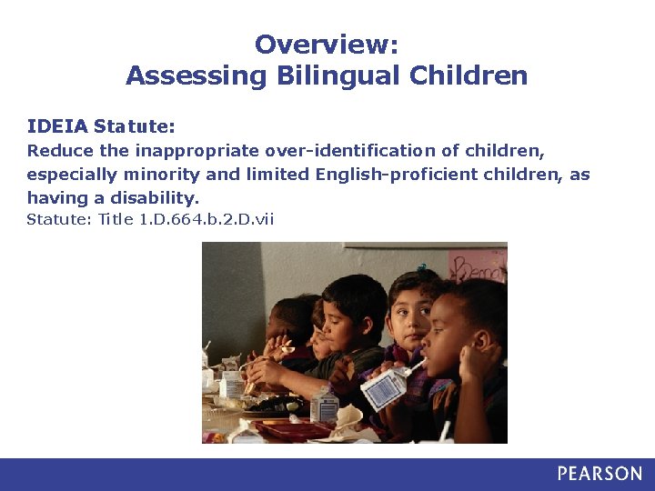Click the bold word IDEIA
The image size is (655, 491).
pos(57,125)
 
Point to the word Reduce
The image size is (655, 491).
pos(53,150)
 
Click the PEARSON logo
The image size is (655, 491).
pos(600,474)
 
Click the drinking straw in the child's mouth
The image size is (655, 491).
pos(416,367)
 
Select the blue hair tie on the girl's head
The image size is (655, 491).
pos(421,269)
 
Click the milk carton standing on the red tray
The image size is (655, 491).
pos(324,405)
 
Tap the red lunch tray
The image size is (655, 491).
pos(291,427)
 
